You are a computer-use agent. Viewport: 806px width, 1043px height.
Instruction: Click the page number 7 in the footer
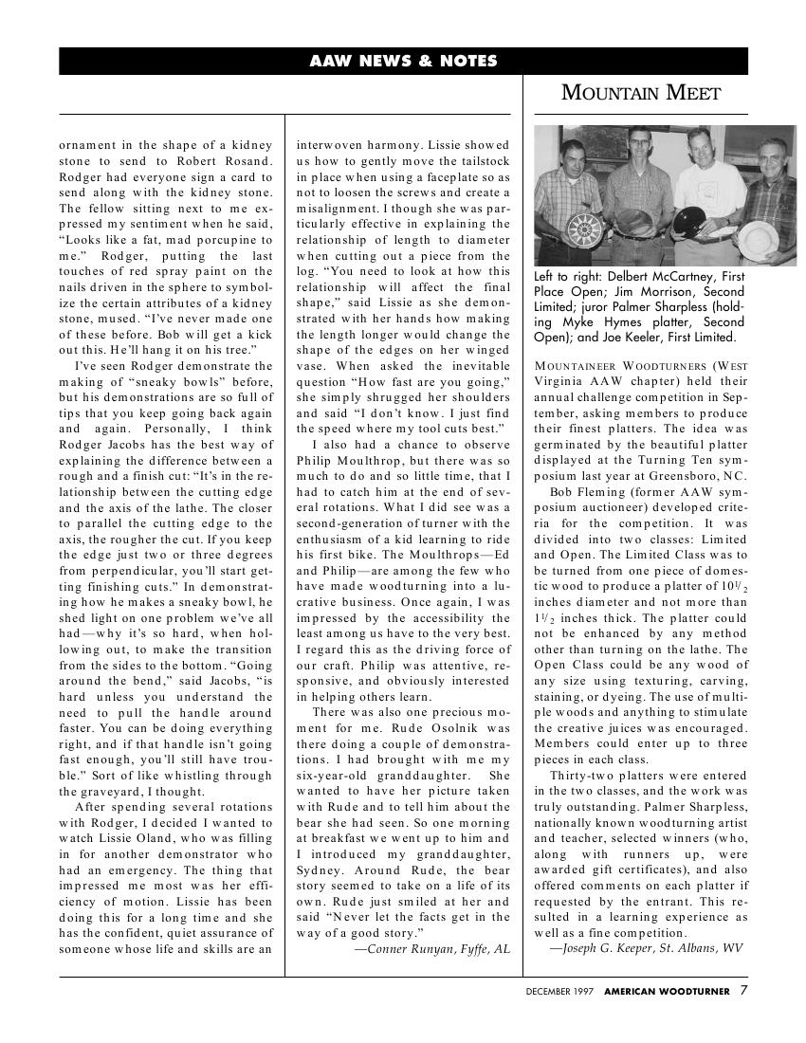click(x=743, y=991)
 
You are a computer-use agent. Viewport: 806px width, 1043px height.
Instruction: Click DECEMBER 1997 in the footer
click(x=560, y=992)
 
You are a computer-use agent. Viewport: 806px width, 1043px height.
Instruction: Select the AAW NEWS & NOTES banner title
click(x=403, y=61)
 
